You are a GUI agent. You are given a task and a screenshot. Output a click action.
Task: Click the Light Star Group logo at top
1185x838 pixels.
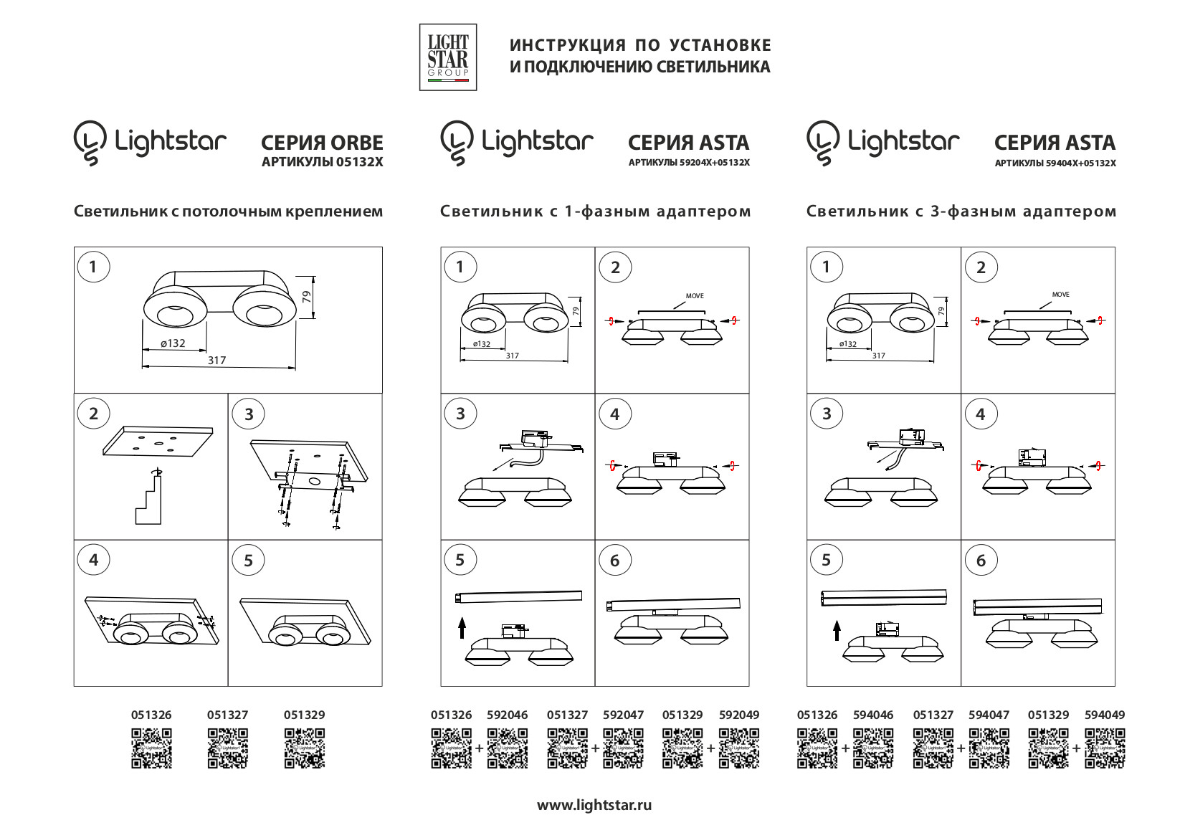(x=448, y=57)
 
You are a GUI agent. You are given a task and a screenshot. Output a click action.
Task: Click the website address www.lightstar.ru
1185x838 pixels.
(x=594, y=805)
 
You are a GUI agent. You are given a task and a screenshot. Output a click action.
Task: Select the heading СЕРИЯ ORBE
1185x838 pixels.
(x=322, y=143)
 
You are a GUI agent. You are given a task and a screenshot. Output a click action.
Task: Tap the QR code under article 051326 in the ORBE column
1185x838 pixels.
(x=151, y=748)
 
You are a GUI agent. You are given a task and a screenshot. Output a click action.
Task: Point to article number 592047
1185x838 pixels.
(x=623, y=715)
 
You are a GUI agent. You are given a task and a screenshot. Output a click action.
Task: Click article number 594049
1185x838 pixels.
(x=1105, y=715)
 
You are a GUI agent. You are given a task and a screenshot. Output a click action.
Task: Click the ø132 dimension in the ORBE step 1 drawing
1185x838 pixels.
(x=173, y=343)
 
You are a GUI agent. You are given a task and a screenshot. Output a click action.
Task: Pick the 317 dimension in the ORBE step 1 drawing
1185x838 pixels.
(x=216, y=361)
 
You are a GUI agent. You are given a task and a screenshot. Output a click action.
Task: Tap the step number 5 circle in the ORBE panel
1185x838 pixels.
(x=249, y=561)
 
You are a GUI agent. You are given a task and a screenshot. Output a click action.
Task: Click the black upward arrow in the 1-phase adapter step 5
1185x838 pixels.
(x=462, y=628)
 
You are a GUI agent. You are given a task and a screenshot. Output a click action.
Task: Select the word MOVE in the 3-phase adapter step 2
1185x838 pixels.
(x=1060, y=295)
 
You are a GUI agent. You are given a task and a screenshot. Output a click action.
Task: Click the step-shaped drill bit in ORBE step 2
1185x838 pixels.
(x=148, y=500)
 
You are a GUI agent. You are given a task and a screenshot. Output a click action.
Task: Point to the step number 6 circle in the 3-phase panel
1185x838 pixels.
(x=981, y=561)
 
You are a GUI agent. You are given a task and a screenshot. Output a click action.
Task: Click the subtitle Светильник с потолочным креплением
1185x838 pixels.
(x=228, y=211)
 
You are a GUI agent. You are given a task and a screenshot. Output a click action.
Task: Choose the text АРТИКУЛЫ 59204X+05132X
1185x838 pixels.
(x=689, y=163)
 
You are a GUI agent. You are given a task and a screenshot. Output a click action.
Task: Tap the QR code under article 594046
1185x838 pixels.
(x=873, y=748)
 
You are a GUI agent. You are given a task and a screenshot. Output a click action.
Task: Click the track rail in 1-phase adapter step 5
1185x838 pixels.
(x=518, y=596)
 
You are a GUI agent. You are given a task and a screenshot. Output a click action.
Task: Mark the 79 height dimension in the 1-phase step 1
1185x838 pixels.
(x=575, y=311)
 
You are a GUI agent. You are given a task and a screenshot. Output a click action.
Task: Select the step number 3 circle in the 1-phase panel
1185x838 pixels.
(x=460, y=414)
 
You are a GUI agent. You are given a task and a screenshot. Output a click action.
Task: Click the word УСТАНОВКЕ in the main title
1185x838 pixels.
(x=720, y=45)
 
